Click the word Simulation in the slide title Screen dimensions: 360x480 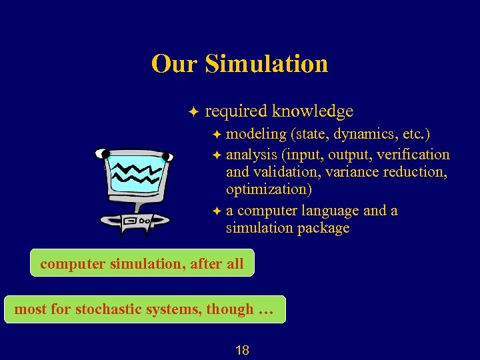[267, 64]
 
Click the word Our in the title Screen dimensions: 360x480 [175, 64]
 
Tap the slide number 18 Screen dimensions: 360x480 [243, 350]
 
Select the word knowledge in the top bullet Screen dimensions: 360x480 [313, 111]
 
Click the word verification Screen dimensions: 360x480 [413, 155]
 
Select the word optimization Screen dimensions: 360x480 [269, 189]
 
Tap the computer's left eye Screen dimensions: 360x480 [103, 154]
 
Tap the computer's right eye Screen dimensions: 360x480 [167, 157]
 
